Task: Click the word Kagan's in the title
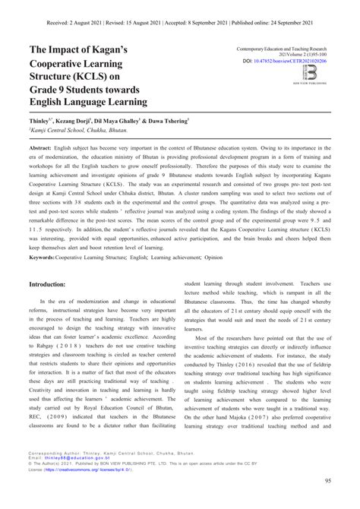pyautogui.click(x=125, y=50)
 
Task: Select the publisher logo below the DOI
pyautogui.click(x=310, y=74)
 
